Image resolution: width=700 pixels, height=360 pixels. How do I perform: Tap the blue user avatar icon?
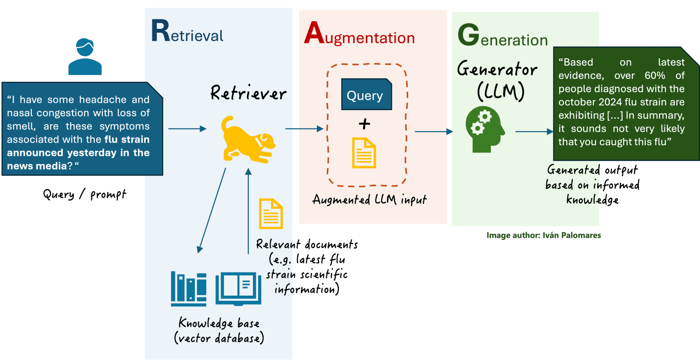click(x=85, y=57)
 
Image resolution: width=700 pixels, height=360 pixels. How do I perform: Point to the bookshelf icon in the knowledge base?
click(x=188, y=289)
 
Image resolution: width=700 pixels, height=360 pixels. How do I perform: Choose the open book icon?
click(x=238, y=289)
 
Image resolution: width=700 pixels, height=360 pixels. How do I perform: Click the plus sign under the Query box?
click(x=364, y=124)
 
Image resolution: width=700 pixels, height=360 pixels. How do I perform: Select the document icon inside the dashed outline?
click(x=364, y=153)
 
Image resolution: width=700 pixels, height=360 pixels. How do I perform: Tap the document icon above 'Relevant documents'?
click(x=271, y=214)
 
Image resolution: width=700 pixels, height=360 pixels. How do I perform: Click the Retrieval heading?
click(x=187, y=33)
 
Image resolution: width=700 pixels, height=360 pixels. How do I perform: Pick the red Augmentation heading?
click(x=359, y=36)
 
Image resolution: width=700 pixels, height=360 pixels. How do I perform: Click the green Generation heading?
click(x=502, y=38)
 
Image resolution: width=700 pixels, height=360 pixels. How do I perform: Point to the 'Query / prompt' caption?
click(x=85, y=194)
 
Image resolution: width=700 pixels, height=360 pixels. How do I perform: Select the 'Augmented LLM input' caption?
click(x=369, y=199)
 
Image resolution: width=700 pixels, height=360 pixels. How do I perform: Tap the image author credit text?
click(x=544, y=236)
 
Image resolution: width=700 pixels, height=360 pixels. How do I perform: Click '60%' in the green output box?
click(x=671, y=75)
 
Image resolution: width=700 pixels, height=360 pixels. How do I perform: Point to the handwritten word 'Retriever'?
click(x=249, y=93)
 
